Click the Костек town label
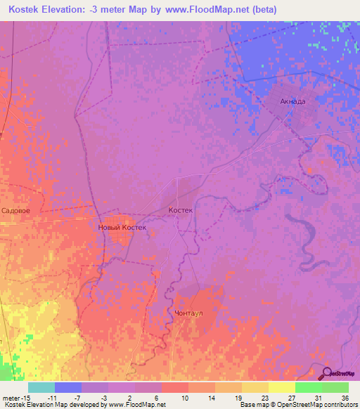181,210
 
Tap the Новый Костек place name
122,228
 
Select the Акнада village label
292,101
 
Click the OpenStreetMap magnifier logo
328,373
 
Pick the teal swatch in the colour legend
41,387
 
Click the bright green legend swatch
309,387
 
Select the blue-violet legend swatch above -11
67,387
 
